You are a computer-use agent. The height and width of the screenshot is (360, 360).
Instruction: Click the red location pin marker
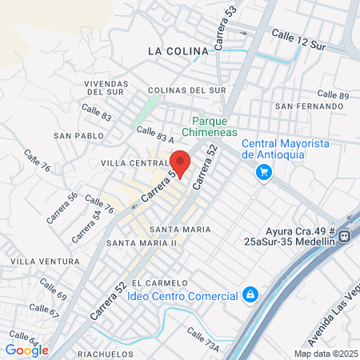point(180,162)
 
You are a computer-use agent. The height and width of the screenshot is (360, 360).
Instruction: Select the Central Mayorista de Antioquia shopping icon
point(263,172)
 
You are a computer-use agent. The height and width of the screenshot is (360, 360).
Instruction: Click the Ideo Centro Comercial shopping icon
point(251,295)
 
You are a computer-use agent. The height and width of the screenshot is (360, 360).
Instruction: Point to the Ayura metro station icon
point(345,236)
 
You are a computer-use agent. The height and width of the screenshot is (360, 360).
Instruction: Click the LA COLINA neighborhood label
point(178,50)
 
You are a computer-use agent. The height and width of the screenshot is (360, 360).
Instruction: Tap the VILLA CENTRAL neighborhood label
point(133,163)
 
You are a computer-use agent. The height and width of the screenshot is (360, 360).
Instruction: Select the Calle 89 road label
point(333,94)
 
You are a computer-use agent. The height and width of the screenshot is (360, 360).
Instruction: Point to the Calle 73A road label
point(202,336)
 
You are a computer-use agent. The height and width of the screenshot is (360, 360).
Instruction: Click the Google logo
point(27,350)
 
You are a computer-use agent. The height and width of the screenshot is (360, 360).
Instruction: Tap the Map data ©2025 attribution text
point(325,354)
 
